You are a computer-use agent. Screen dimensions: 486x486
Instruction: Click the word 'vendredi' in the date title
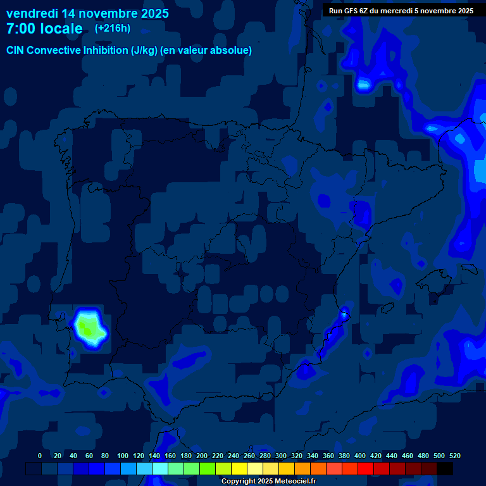pos(32,13)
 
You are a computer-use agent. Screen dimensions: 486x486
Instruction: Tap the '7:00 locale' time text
pos(44,28)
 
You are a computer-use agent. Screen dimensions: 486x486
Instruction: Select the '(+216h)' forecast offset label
pos(112,28)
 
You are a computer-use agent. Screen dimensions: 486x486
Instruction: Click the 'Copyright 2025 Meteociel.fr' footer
pos(268,481)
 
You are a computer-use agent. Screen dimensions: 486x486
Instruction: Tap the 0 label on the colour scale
pos(40,456)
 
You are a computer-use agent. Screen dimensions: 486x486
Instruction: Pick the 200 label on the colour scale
pos(202,456)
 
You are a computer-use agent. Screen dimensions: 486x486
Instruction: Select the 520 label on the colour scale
pos(454,456)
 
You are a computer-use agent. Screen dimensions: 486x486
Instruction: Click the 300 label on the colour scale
pos(280,456)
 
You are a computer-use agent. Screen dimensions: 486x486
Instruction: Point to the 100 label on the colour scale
pos(123,456)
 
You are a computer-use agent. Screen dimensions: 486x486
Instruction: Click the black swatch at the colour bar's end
pos(445,468)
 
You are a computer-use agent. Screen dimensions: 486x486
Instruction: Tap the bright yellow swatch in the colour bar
pos(239,468)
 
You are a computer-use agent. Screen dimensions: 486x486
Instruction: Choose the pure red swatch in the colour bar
pos(366,468)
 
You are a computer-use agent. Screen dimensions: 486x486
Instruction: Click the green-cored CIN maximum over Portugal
pos(90,327)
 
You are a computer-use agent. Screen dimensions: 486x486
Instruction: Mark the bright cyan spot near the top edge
pos(364,84)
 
